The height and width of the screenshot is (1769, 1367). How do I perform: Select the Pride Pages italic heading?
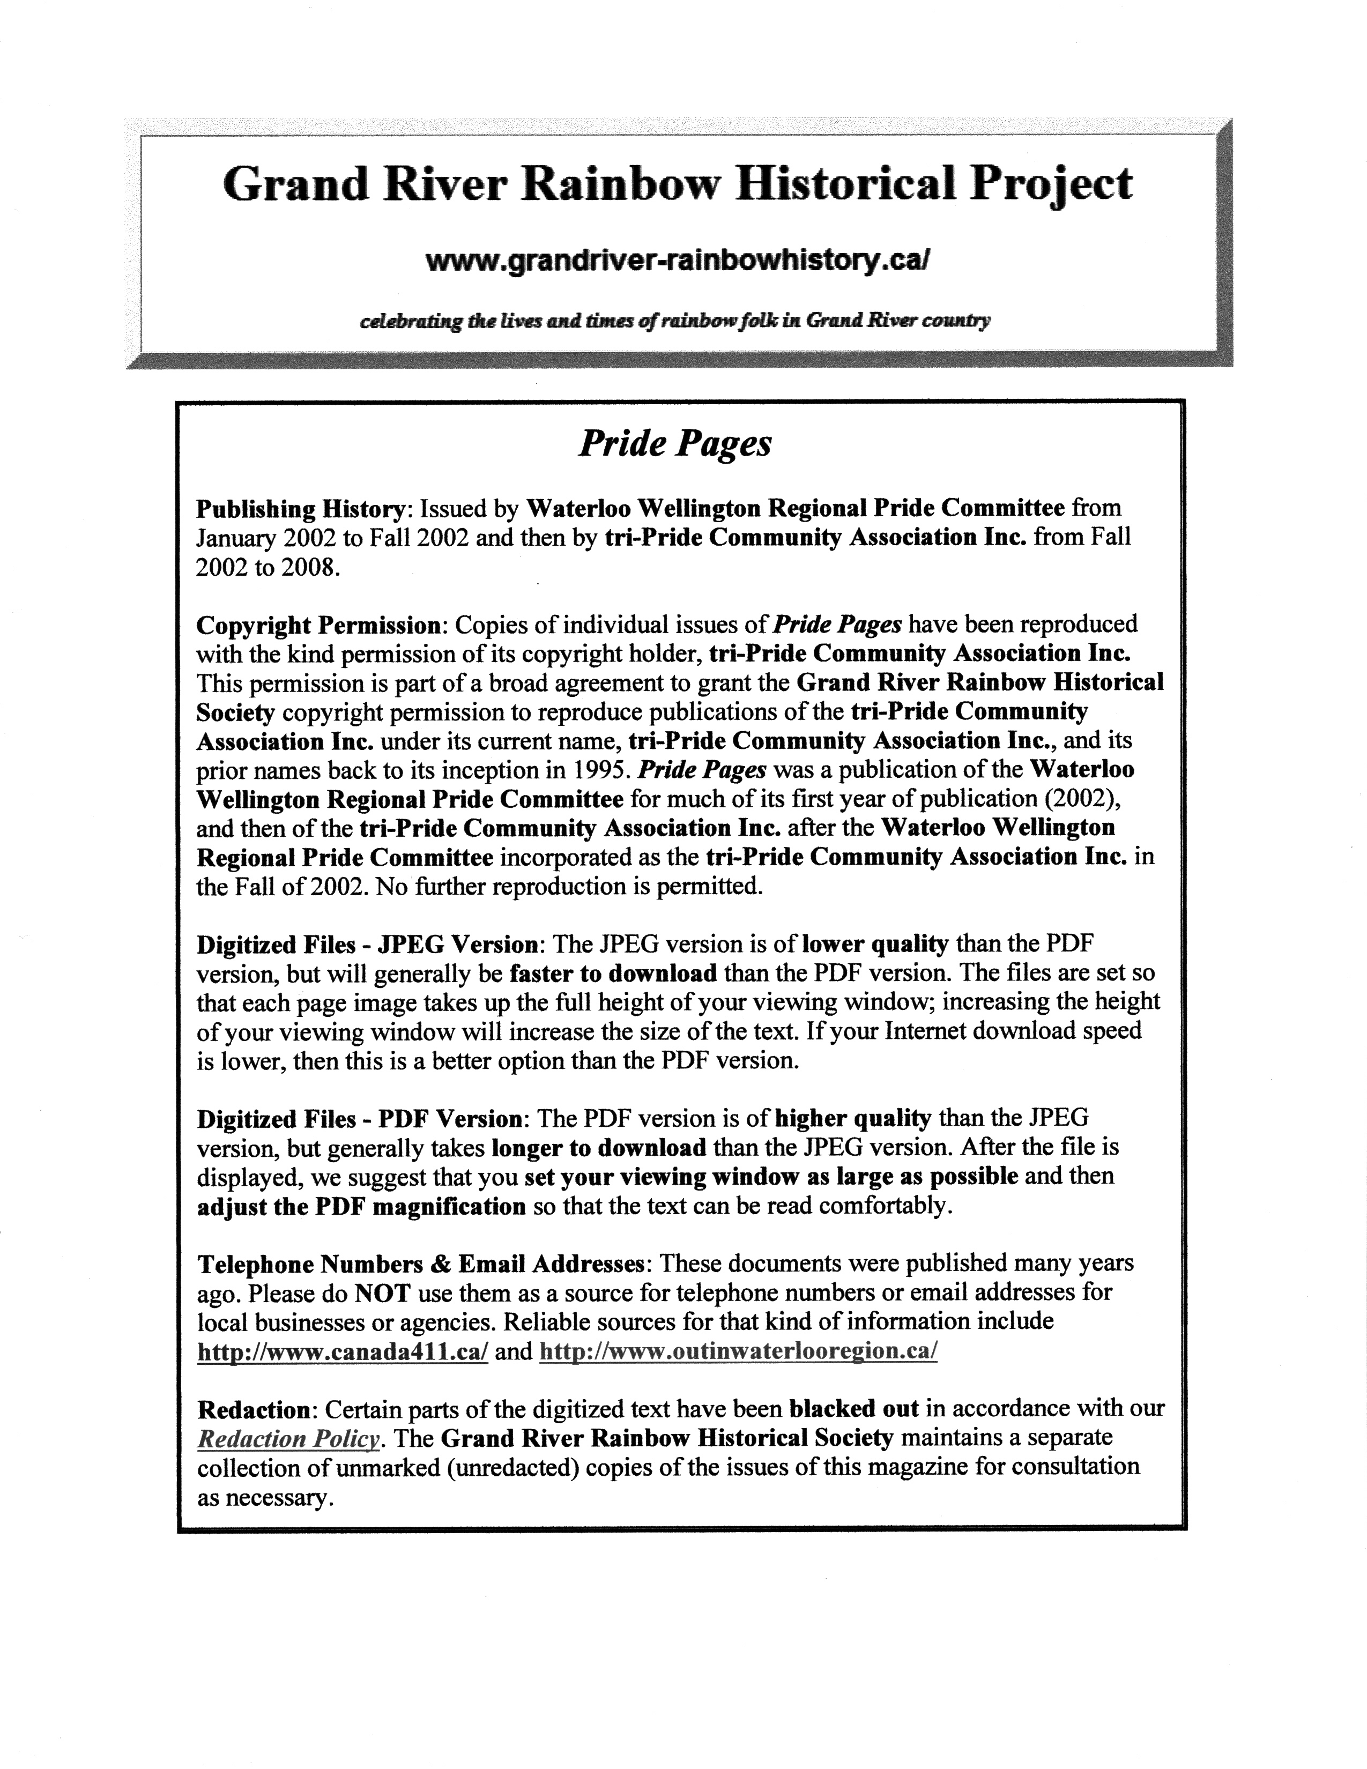coord(674,443)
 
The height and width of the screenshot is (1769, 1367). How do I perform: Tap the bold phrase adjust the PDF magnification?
coord(362,1207)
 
